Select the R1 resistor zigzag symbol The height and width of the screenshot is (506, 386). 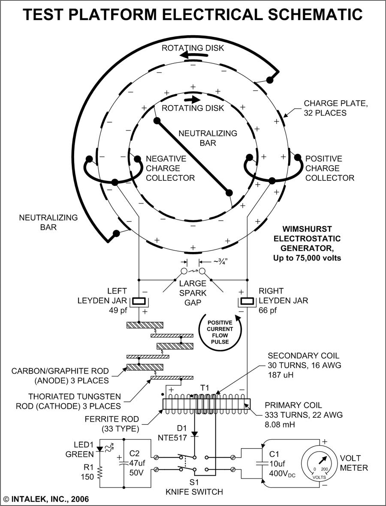pyautogui.click(x=100, y=469)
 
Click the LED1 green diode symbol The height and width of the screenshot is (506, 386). pyautogui.click(x=100, y=449)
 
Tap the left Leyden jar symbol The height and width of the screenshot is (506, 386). pyautogui.click(x=139, y=302)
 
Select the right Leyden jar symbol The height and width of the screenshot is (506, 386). pyautogui.click(x=247, y=302)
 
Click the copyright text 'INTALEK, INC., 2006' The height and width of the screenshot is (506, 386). pyautogui.click(x=50, y=499)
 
